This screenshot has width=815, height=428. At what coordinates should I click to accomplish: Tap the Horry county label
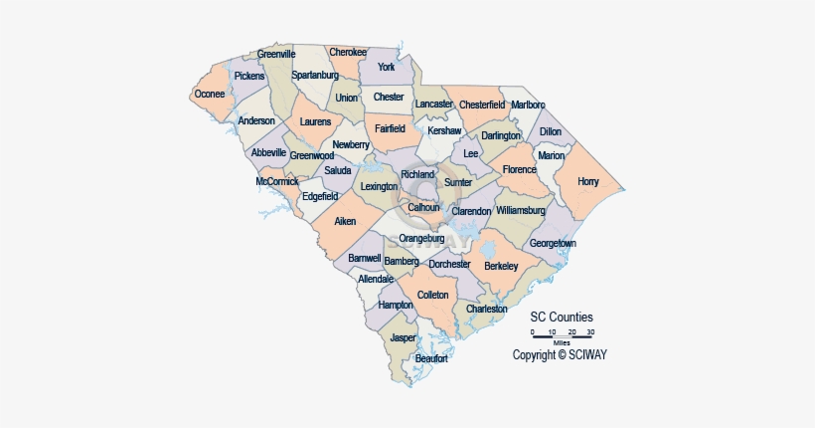588,182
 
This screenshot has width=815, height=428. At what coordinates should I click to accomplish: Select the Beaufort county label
431,358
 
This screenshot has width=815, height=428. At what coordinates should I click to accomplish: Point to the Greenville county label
276,54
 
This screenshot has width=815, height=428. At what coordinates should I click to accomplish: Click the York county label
387,67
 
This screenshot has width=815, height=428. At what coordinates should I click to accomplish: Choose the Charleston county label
487,310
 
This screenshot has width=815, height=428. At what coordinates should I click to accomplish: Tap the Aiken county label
345,220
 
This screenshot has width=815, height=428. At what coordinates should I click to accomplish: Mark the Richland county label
417,175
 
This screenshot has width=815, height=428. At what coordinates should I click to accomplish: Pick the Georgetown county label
553,243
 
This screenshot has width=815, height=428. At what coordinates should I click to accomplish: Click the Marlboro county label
528,105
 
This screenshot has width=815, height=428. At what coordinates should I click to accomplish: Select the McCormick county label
277,181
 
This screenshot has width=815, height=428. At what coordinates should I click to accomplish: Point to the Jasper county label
403,337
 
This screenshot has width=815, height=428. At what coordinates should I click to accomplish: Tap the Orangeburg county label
421,239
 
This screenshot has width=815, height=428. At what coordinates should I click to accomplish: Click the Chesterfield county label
483,105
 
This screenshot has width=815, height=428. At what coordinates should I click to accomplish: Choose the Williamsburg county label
521,211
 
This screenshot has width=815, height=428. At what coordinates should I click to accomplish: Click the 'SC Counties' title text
562,317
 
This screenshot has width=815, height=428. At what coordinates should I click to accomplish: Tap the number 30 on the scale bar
590,331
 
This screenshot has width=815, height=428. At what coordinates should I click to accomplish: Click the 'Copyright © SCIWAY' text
559,354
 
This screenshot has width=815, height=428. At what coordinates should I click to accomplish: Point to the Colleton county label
432,295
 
